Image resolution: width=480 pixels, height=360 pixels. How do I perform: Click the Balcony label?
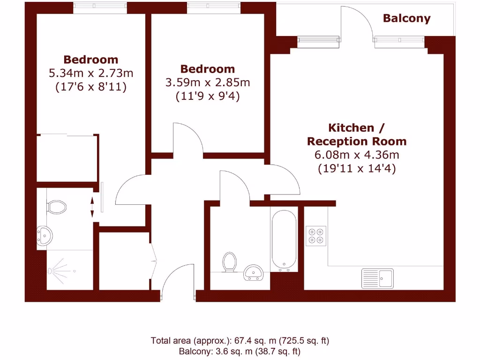coord(406,18)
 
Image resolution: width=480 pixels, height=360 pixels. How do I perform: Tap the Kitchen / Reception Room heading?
coord(356,135)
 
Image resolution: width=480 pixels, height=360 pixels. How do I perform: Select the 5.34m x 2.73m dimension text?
coord(91,73)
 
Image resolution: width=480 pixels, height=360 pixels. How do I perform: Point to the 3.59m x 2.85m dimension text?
coord(208,83)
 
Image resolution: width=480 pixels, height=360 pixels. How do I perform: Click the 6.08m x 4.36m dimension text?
coord(356,155)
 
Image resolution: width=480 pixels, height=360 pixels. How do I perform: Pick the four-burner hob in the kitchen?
coord(316,236)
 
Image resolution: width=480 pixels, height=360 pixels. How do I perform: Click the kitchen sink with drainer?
coord(378,278)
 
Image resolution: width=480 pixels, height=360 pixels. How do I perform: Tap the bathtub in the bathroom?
coord(284,240)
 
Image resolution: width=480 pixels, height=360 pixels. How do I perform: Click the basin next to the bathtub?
coord(255,272)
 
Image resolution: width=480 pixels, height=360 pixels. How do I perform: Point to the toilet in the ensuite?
coord(57,207)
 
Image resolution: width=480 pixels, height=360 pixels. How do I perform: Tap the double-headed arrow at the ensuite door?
coord(92,207)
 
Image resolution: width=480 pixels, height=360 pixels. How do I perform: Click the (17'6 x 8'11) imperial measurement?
coord(91,87)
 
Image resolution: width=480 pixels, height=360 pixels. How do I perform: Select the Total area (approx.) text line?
coord(243,341)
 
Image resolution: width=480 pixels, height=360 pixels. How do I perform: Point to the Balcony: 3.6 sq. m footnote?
coord(240,351)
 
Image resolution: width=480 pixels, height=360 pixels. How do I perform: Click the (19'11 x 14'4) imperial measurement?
coord(356,169)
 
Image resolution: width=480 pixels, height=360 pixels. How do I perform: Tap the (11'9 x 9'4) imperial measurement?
coord(208,97)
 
